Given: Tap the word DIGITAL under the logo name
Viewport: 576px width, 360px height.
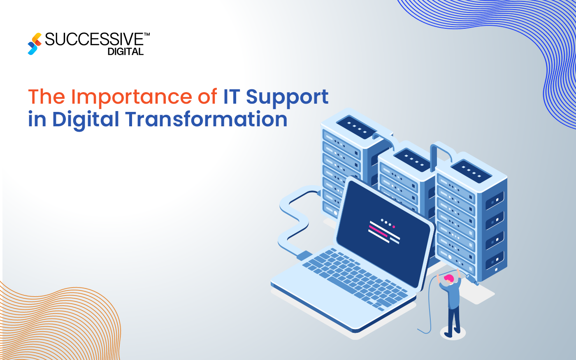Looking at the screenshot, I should click(x=125, y=52).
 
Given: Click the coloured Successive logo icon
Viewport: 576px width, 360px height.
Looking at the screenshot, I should click(x=35, y=44).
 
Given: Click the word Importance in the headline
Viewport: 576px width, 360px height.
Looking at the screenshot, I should click(x=131, y=97).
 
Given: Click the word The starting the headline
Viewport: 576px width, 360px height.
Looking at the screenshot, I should click(x=46, y=97).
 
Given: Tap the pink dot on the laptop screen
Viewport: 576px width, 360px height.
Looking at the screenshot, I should click(x=394, y=227).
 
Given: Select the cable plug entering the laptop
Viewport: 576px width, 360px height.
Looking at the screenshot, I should click(x=304, y=255).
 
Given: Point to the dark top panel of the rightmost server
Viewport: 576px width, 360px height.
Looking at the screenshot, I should click(x=470, y=170).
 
